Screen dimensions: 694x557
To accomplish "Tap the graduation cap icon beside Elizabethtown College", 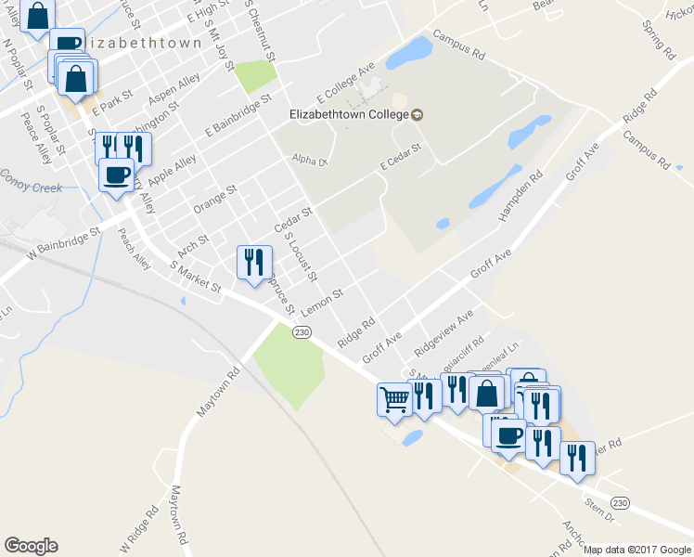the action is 418,114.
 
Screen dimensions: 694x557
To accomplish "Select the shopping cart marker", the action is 394,401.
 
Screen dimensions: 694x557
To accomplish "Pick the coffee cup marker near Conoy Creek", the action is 117,175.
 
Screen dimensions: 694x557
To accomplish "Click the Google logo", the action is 31,546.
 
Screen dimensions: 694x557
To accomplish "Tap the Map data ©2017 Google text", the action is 636,550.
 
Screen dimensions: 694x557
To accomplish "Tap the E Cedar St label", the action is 401,157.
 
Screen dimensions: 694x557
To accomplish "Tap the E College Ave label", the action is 345,83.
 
